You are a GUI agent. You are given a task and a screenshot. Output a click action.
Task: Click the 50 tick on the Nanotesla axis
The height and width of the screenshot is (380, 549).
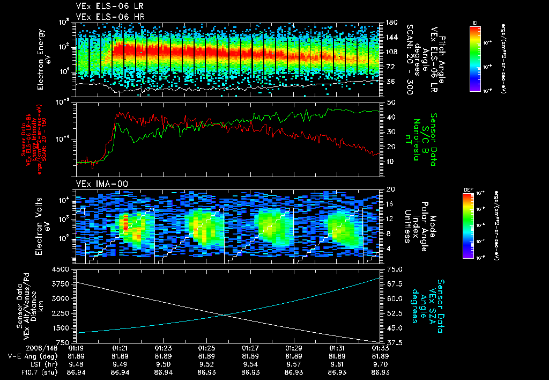coord(391,102)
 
